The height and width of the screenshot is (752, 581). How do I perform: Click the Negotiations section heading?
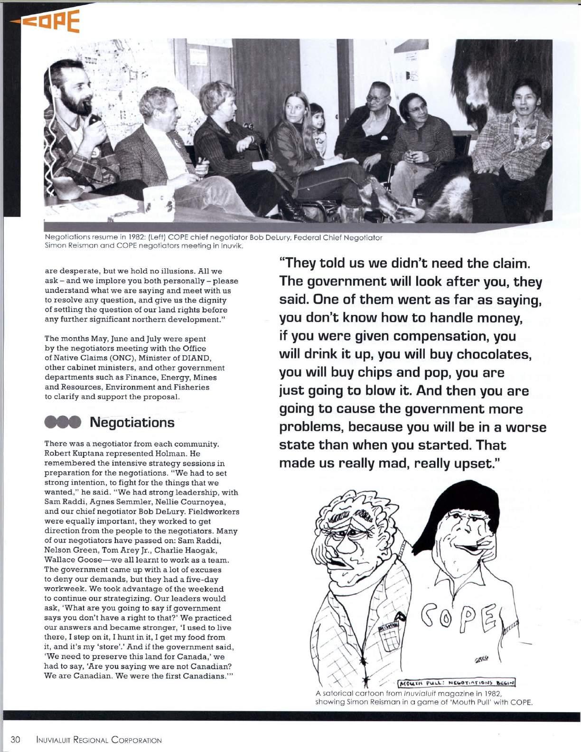131,422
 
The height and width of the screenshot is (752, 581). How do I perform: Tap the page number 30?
15,739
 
